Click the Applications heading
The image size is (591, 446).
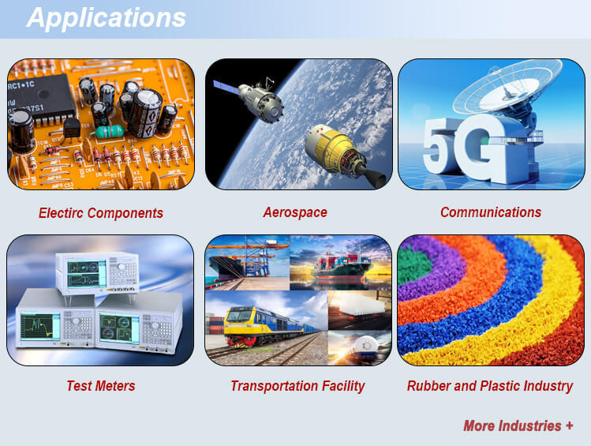pos(107,17)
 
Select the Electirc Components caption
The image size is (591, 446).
pos(101,213)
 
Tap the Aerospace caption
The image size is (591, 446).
pos(295,212)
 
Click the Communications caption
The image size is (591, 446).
pos(491,212)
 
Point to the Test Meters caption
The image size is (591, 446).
pos(101,386)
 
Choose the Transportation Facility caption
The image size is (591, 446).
pos(297,386)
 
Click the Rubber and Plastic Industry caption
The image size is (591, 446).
pos(490,386)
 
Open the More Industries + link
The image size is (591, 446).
pos(518,425)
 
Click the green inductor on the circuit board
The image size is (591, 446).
pos(110,132)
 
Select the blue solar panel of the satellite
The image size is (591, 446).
pos(226,87)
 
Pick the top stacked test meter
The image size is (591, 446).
pos(97,272)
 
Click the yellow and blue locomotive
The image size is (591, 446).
pos(264,324)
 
